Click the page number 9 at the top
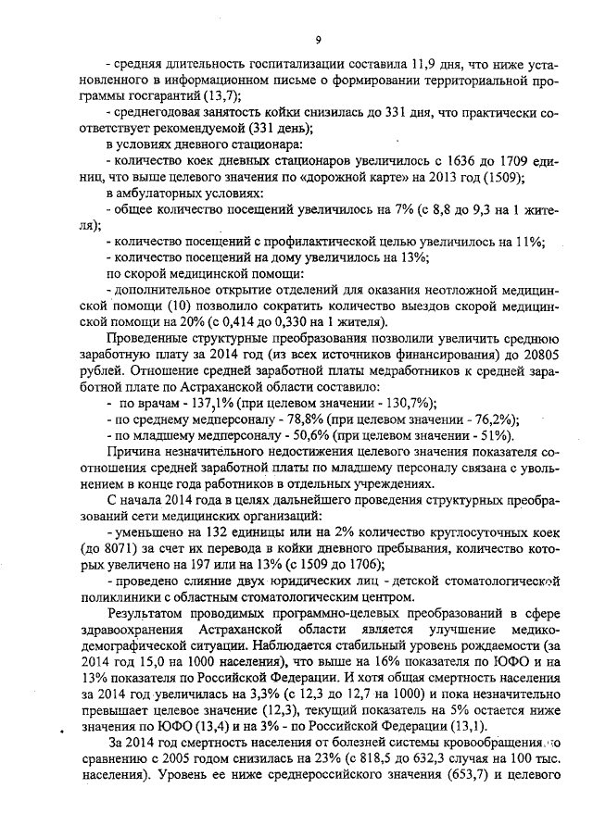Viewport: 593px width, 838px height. point(318,40)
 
